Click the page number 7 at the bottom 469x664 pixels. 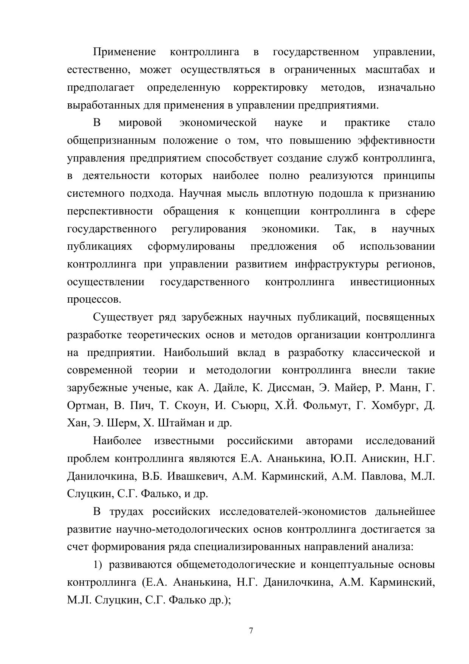[x=251, y=631]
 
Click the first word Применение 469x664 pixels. [x=124, y=52]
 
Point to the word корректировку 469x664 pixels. [x=270, y=87]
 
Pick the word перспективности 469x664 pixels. [x=110, y=211]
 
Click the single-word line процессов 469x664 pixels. [x=94, y=300]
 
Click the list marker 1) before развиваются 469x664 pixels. [x=98, y=565]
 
